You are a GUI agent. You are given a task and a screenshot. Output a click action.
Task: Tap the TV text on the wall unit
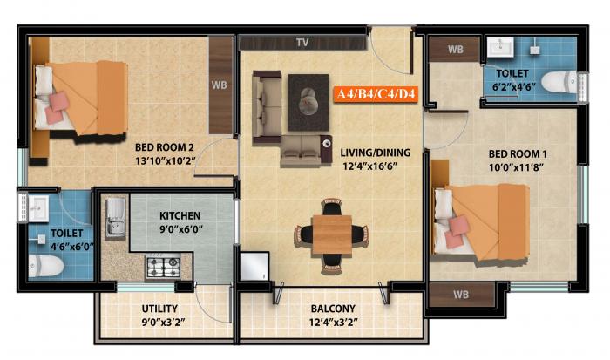click(x=302, y=42)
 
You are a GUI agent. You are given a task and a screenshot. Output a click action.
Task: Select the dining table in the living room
click(x=332, y=234)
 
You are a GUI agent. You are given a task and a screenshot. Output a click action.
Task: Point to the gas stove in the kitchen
click(x=161, y=265)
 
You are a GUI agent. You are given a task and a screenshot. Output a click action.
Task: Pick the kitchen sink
click(x=115, y=218)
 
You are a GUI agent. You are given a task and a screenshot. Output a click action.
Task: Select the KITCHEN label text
click(x=180, y=215)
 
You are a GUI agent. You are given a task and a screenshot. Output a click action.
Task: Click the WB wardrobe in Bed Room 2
click(x=220, y=85)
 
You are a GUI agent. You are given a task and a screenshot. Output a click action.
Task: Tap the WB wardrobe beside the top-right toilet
click(x=455, y=50)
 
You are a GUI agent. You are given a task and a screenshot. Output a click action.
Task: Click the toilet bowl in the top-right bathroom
click(x=559, y=82)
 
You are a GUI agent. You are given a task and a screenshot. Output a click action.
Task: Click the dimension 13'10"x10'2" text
click(x=164, y=160)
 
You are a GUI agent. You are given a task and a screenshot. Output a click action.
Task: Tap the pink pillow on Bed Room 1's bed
click(x=461, y=228)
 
